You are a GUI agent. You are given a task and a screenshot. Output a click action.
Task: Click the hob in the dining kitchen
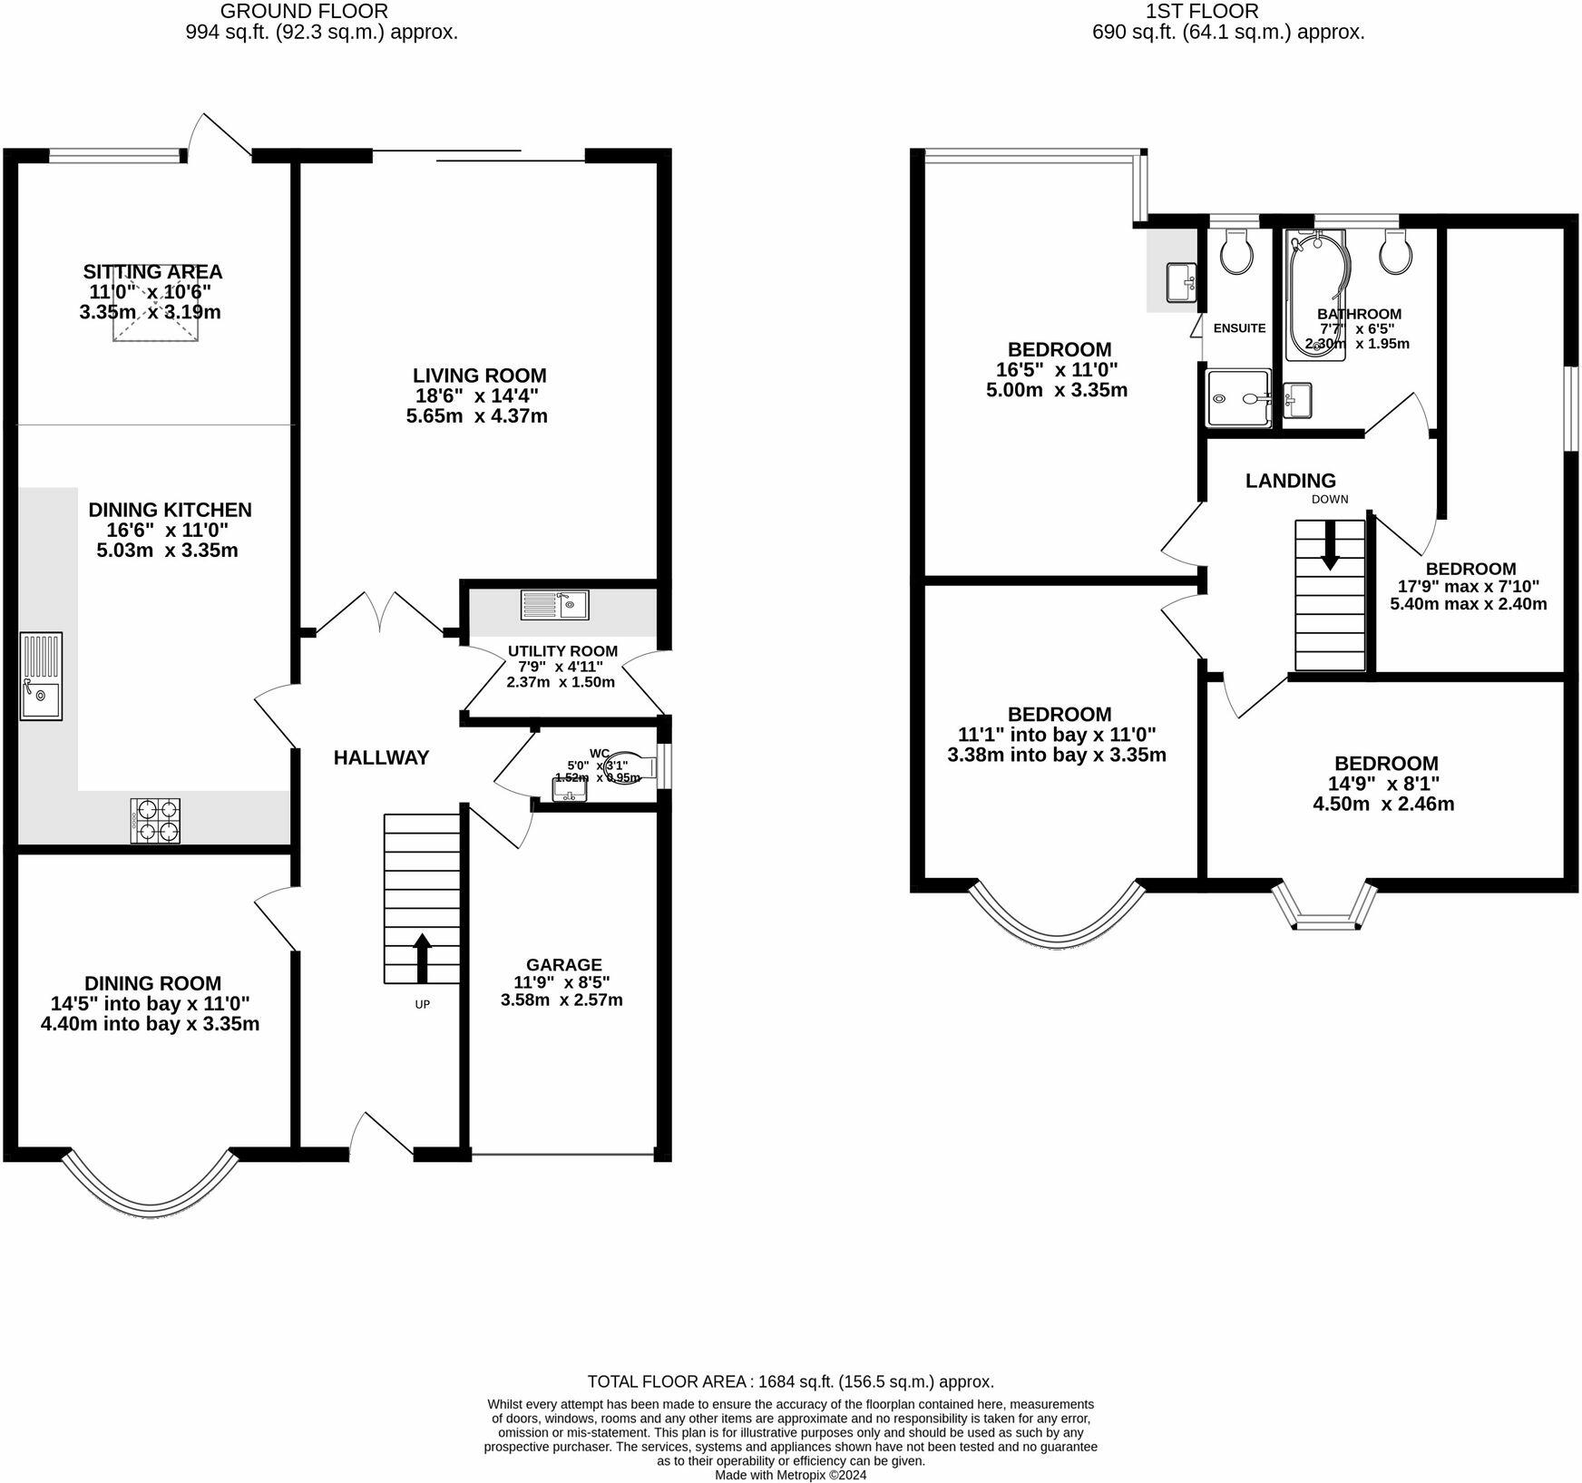click(155, 820)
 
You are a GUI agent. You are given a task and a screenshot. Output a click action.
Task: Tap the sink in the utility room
click(554, 604)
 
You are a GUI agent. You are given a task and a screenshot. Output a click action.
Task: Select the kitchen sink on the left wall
click(41, 676)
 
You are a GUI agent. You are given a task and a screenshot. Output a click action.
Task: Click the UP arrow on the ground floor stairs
click(422, 958)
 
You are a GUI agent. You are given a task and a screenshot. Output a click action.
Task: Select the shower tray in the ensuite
click(1238, 397)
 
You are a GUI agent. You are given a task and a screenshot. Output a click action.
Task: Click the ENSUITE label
click(1239, 328)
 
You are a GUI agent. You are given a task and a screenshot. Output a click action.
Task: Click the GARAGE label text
click(563, 964)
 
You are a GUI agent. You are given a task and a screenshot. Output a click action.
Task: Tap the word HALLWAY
click(381, 757)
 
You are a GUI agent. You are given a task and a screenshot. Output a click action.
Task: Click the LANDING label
click(1290, 481)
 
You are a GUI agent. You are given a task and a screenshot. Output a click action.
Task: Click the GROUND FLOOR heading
click(304, 12)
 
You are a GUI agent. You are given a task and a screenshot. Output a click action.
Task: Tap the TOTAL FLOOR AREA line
click(790, 1381)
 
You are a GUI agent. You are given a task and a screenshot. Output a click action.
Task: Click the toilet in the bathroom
click(1395, 252)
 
